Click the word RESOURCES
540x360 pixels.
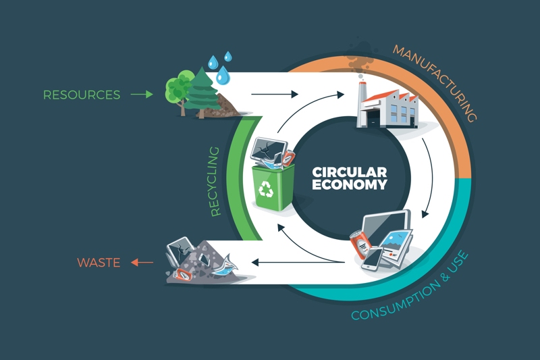[82, 95]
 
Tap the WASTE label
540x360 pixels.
[99, 262]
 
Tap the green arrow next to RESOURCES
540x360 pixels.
[141, 95]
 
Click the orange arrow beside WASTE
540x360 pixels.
[142, 262]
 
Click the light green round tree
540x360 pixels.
[178, 91]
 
